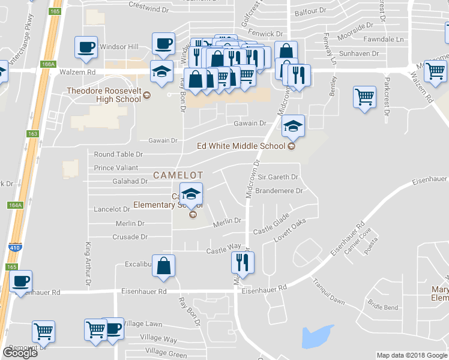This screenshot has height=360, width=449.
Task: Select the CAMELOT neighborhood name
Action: (178, 175)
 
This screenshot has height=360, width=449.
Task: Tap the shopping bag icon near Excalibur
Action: (163, 265)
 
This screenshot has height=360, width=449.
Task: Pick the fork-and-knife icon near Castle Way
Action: (243, 262)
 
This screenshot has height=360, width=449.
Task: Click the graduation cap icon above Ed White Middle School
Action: (292, 126)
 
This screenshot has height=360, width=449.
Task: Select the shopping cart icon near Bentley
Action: (365, 96)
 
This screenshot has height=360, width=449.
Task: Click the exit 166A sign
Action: (48, 64)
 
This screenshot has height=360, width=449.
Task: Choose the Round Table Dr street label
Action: (118, 154)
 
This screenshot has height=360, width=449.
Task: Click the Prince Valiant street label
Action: (116, 168)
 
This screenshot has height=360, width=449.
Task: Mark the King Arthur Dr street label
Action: (88, 263)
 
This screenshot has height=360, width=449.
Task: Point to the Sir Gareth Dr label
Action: (277, 177)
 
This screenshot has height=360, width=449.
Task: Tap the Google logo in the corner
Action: (20, 353)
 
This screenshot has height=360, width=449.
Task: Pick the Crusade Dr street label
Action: (130, 237)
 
